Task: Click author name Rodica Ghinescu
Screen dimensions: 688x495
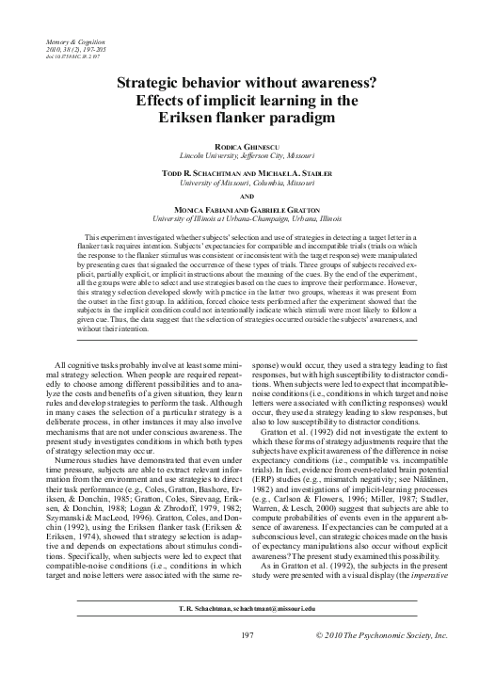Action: click(247, 143)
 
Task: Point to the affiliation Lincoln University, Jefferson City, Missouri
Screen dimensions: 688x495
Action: click(247, 152)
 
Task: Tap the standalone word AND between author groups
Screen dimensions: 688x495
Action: click(247, 199)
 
